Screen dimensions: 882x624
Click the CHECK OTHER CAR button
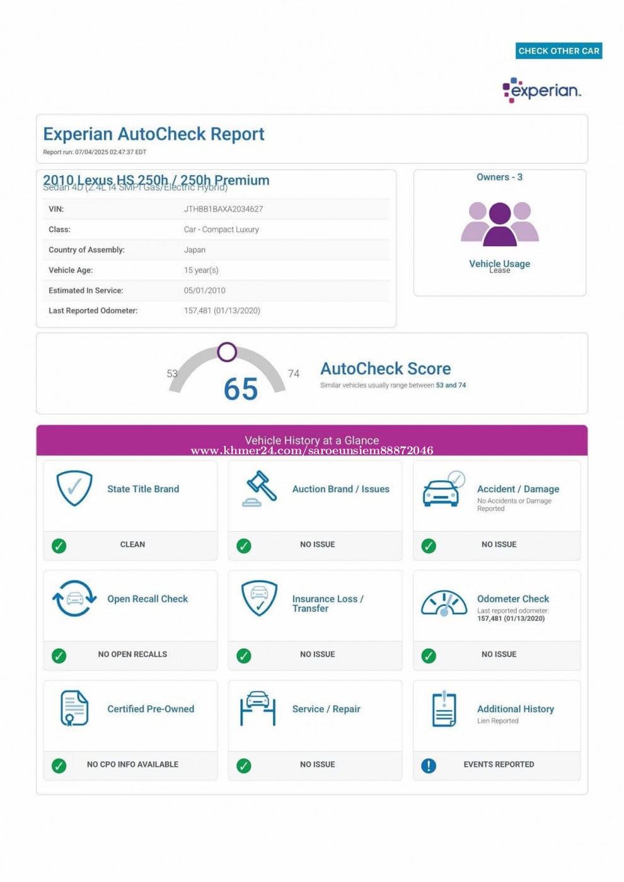coord(558,51)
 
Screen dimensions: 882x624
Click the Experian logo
coord(541,91)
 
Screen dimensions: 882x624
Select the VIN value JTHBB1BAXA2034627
coord(223,209)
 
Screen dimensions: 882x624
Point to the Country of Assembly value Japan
coord(194,250)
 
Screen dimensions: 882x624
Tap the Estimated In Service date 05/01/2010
coord(204,290)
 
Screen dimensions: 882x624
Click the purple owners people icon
coord(500,224)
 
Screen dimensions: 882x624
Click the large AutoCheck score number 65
coord(241,389)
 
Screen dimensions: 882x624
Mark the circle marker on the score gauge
coord(227,352)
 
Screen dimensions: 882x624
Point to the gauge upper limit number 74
coord(294,374)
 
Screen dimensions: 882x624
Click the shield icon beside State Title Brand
coord(74,488)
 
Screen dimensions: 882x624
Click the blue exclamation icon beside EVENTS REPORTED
coord(429,765)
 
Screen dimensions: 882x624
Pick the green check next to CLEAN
coord(59,546)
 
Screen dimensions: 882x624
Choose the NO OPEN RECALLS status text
coord(132,655)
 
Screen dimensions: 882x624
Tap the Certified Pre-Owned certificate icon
coord(74,708)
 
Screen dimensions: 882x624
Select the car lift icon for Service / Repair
coord(258,709)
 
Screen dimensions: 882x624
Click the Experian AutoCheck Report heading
coord(154,134)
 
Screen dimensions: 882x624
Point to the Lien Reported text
coord(497,721)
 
